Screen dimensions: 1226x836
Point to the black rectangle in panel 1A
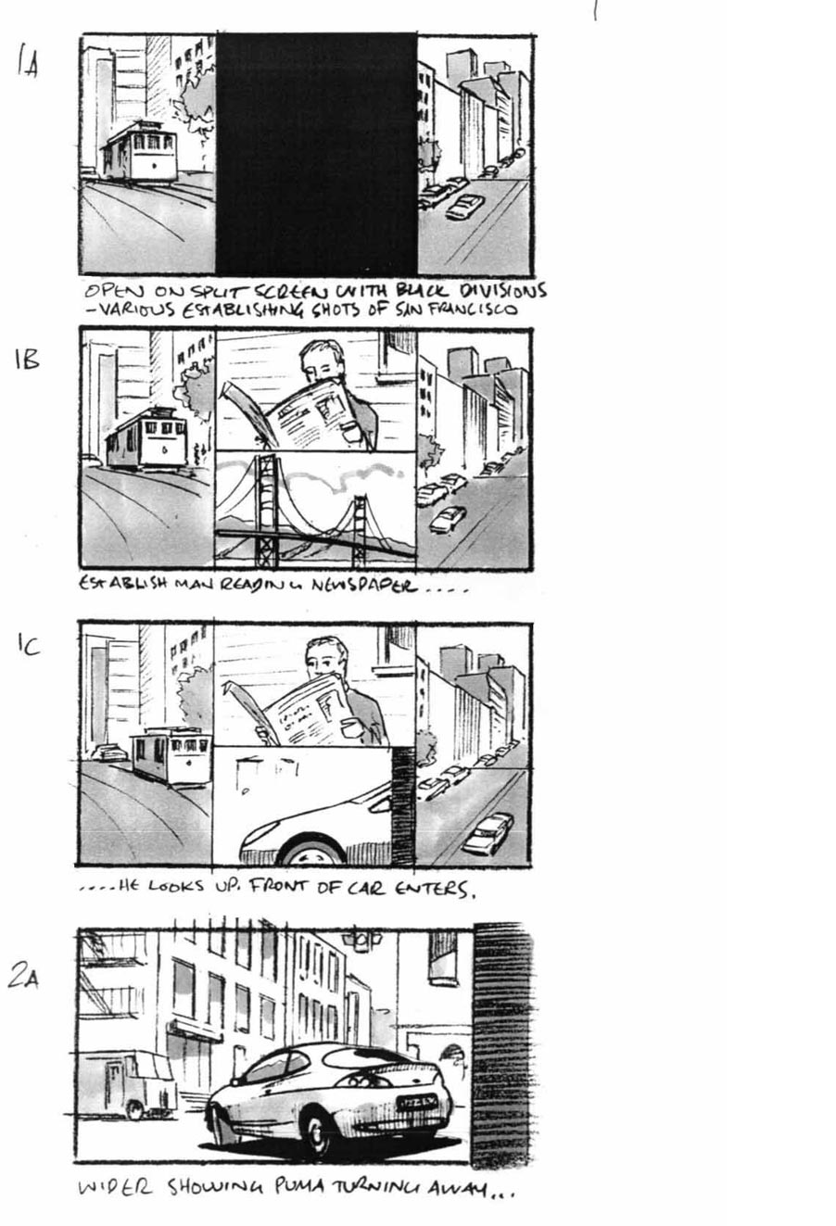[316, 153]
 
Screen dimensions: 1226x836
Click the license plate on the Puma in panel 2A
[417, 1102]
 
